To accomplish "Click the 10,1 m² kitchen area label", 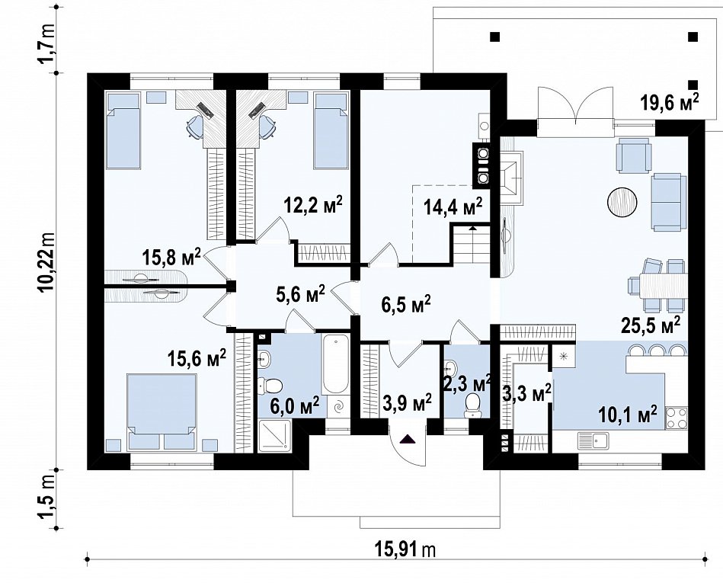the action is coord(627,414).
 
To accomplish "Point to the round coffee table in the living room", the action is coord(622,202).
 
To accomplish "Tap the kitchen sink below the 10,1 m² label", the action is coord(593,441).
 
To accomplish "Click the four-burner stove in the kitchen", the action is coord(676,418).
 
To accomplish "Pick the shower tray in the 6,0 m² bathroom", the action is coord(275,436).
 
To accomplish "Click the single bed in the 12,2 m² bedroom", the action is coord(330,130).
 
